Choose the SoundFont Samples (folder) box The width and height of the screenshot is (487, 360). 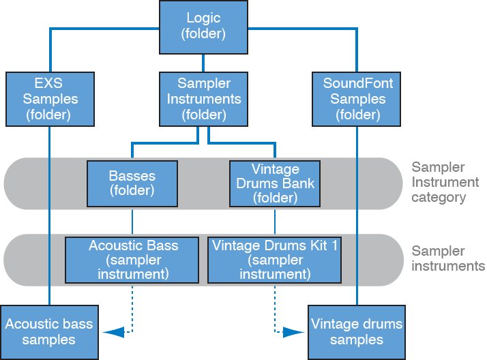tap(358, 99)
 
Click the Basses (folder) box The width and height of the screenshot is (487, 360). tap(132, 183)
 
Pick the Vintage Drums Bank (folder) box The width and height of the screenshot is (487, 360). tap(274, 183)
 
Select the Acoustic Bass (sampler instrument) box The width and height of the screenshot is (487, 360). tap(132, 260)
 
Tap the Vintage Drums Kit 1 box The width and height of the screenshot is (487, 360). tap(274, 260)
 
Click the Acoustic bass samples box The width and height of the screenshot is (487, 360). tap(48, 331)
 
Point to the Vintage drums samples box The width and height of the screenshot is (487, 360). tap(356, 331)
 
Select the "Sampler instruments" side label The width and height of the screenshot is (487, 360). tap(448, 258)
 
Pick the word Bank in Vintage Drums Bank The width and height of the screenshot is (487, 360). tap(299, 183)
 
